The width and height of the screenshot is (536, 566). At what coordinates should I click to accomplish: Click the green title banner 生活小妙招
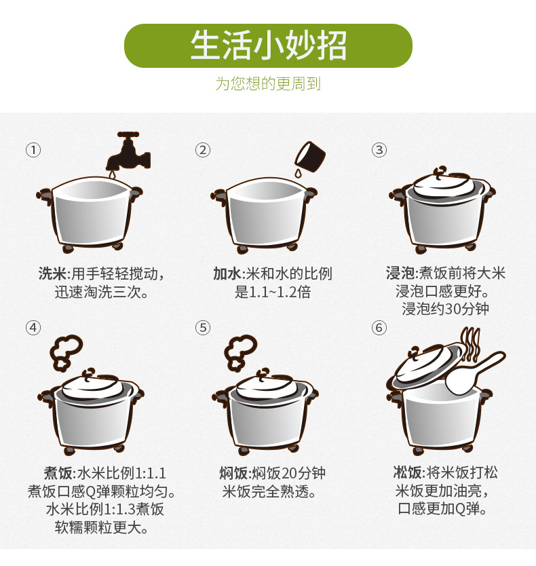pos(268,46)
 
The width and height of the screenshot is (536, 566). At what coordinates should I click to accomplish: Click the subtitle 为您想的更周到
pos(268,83)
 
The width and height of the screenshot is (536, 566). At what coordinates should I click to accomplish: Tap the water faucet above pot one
pos(128,152)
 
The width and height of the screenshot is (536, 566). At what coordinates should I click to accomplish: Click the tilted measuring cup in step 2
pos(310,157)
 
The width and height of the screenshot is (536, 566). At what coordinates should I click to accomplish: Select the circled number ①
pos(33,150)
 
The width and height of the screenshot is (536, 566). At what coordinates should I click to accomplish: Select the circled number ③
pos(379,150)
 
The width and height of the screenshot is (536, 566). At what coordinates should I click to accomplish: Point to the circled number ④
pos(33,328)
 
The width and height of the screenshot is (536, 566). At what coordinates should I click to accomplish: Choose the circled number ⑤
pos(203,328)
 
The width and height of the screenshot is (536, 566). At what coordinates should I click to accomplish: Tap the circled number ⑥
pos(379,328)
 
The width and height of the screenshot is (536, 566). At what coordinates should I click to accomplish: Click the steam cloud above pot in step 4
pos(66,353)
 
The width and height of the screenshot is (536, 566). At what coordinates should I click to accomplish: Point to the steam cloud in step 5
pos(240,353)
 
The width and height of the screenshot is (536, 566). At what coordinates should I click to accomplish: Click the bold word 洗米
pos(53,273)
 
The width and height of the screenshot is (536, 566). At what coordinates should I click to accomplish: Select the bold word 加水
pos(227,273)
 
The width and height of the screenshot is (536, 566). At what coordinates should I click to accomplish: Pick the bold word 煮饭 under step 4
pos(59,473)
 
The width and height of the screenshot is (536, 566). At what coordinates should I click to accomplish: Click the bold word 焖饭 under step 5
pos(234,473)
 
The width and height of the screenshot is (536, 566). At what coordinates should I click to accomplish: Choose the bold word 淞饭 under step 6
pos(408,472)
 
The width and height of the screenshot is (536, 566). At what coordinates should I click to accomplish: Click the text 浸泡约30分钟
pos(445,309)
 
